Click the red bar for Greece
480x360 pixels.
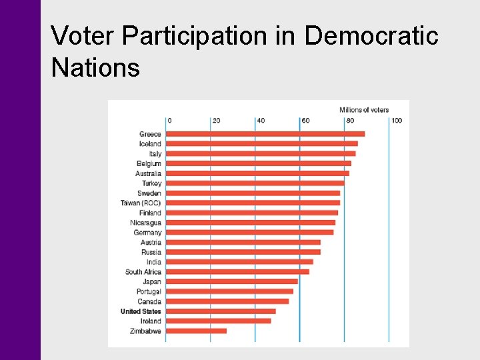(x=265, y=134)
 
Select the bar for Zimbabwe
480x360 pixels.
(x=196, y=331)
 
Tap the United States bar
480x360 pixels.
(x=221, y=311)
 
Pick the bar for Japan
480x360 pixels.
(x=231, y=281)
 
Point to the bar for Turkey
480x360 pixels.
(x=255, y=183)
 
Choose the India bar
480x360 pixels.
(x=239, y=262)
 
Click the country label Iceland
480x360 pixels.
(x=150, y=144)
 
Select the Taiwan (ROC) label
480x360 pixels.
(x=141, y=203)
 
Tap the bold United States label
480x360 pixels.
(x=141, y=311)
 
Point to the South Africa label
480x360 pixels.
(x=143, y=272)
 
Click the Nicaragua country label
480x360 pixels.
(x=146, y=223)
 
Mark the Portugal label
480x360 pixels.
(x=149, y=291)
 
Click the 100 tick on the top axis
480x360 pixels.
(x=397, y=121)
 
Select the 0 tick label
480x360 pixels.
(x=169, y=121)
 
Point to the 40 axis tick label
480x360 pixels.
(x=261, y=121)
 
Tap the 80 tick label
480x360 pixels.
(x=350, y=121)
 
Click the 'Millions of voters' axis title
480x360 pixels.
(x=364, y=110)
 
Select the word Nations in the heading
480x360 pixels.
(x=95, y=67)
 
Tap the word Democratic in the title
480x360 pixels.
(x=371, y=36)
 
